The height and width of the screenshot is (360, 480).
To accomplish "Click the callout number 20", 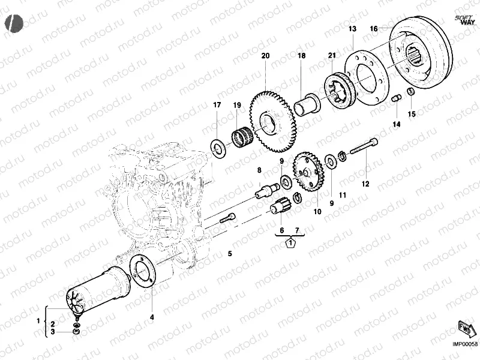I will [265, 56].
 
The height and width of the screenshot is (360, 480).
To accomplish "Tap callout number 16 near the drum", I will [373, 28].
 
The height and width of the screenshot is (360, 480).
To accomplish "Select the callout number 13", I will [352, 29].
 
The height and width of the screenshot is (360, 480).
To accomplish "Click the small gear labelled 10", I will [309, 171].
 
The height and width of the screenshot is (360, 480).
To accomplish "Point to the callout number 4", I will [152, 316].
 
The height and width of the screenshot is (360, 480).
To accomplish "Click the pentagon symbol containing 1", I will [290, 243].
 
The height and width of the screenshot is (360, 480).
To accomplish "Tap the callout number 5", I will [229, 254].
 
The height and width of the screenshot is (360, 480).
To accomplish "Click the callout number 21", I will [331, 56].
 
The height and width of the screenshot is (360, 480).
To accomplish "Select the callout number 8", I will [259, 170].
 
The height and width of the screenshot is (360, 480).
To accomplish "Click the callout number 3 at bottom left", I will [52, 331].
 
